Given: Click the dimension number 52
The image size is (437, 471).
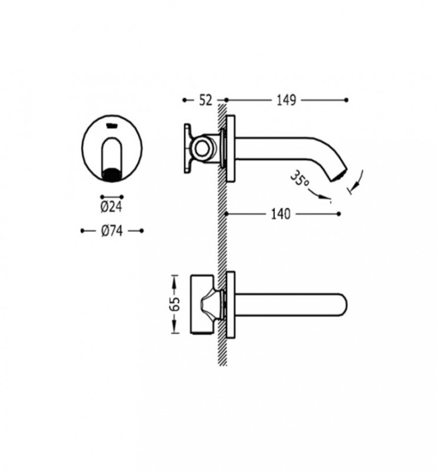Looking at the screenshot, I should coord(205,101).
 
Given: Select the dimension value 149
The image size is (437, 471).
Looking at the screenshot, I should coord(285,101).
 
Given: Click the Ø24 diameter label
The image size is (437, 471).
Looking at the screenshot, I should coord(111,207).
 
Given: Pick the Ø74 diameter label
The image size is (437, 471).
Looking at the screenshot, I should coord(111,232).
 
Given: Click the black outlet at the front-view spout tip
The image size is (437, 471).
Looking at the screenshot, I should coord(111,174).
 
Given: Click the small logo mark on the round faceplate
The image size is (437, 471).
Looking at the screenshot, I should coord(111,125).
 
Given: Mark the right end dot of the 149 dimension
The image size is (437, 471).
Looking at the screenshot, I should coord(347,100).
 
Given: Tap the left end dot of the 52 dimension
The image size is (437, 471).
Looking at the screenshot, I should coord(185,100).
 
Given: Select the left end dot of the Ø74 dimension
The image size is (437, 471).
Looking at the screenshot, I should coord(82,231).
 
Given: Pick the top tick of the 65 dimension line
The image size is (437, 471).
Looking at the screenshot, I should coord(174,274).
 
